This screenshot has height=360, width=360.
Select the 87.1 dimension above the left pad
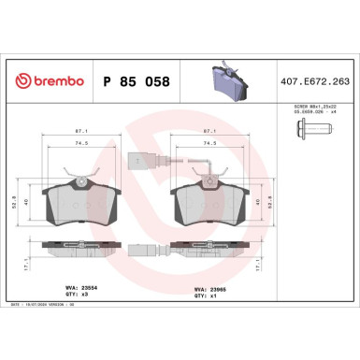click(83, 132)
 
